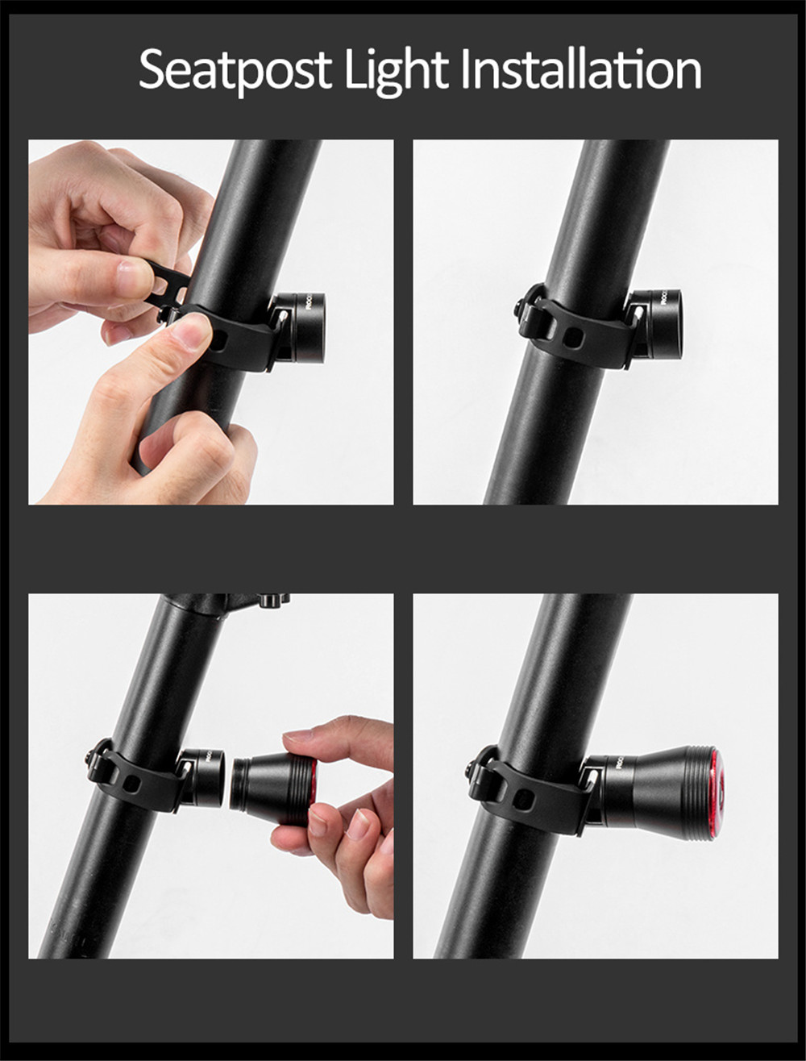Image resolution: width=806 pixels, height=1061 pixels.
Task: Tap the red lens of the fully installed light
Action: [x=714, y=793]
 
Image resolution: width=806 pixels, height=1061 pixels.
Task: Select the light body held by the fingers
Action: [x=274, y=788]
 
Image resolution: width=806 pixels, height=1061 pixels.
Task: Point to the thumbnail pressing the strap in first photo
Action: [x=191, y=331]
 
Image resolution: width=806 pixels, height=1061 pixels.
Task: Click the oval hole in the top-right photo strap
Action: [x=573, y=337]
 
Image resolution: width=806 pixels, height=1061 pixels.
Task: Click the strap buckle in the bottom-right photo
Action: [x=481, y=767]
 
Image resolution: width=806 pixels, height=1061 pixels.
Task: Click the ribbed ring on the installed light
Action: [x=696, y=793]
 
